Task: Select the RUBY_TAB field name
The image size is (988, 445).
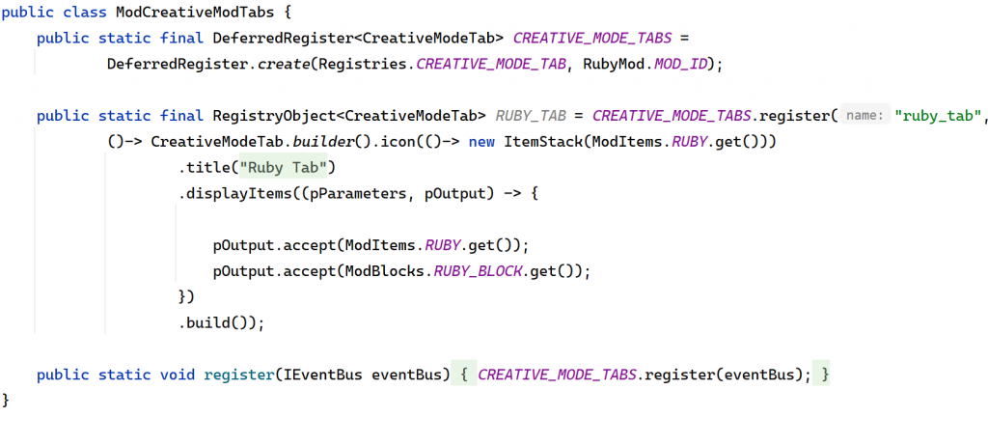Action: pyautogui.click(x=531, y=116)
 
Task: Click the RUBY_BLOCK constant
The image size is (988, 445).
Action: pyautogui.click(x=478, y=270)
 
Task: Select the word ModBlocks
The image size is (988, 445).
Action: pyautogui.click(x=381, y=270)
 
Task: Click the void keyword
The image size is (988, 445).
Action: pyautogui.click(x=177, y=374)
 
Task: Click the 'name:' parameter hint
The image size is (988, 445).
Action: pyautogui.click(x=865, y=116)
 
